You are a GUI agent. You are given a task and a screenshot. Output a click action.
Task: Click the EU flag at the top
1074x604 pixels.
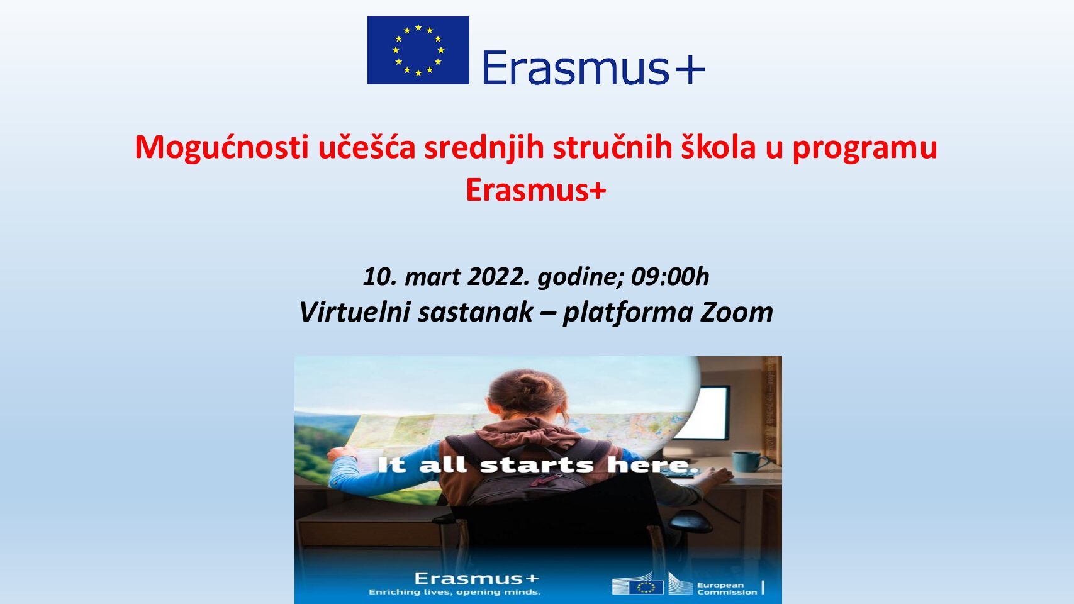coord(418,50)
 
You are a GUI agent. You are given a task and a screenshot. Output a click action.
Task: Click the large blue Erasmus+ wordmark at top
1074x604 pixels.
coord(593,68)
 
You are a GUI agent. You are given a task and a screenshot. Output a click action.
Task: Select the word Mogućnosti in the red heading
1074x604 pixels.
coord(221,148)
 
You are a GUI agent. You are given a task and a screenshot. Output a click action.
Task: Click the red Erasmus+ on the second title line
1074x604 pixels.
coord(536,190)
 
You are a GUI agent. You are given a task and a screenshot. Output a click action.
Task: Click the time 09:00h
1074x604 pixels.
coord(670,277)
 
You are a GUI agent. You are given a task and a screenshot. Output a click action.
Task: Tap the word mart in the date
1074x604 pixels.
coord(432,277)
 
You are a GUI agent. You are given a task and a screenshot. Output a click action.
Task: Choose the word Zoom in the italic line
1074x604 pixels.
coord(737,312)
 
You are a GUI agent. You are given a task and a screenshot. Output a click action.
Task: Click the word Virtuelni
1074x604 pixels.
coord(355,312)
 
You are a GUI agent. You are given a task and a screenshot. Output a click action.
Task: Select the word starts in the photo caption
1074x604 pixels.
coord(537,465)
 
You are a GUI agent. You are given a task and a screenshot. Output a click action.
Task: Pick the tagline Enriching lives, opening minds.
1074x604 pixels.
coord(454,592)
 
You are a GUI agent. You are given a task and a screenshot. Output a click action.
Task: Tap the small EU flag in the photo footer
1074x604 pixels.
coord(646,587)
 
